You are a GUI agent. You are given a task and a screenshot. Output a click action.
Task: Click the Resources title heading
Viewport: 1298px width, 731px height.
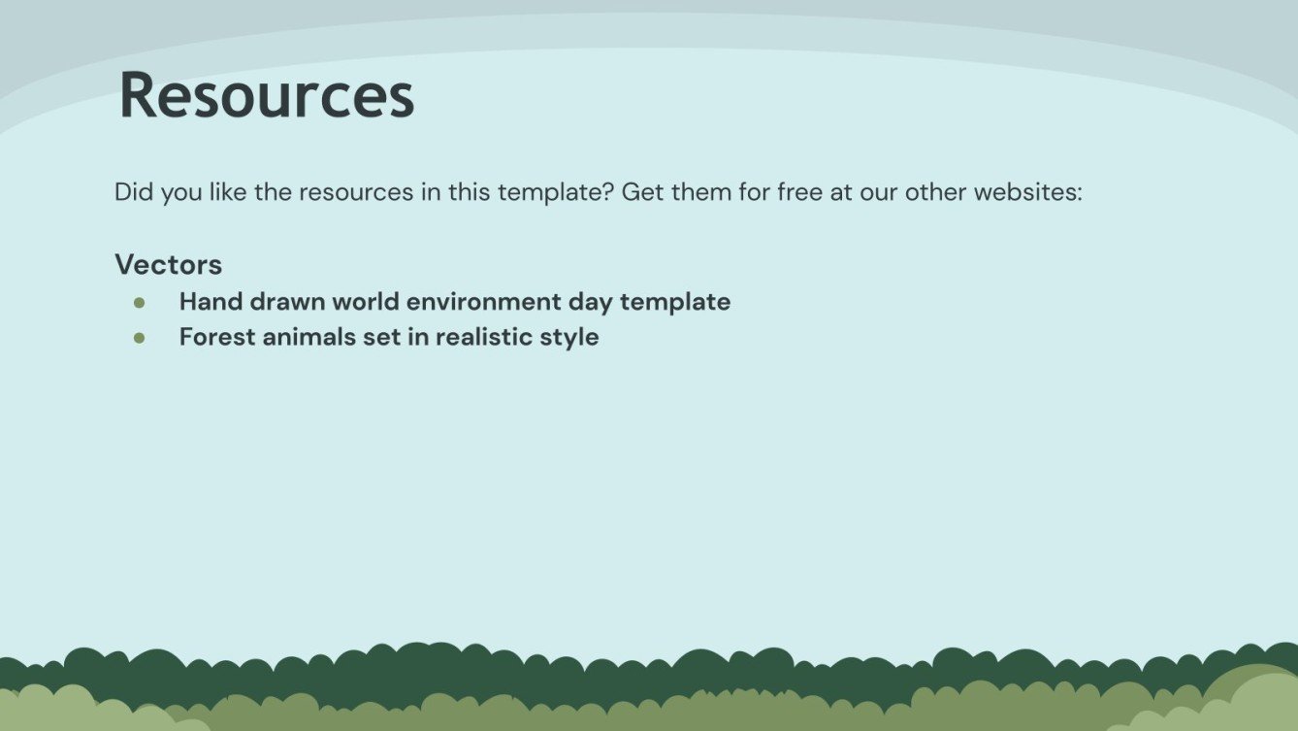click(267, 96)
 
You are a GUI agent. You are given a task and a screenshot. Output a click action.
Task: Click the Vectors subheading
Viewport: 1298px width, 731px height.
click(168, 264)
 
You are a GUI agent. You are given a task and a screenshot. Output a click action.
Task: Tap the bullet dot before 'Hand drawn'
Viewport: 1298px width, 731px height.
click(140, 303)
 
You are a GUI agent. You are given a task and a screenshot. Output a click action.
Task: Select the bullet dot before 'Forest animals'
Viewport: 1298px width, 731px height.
click(140, 338)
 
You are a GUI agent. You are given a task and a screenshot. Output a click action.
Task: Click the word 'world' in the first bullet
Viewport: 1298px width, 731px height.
click(365, 302)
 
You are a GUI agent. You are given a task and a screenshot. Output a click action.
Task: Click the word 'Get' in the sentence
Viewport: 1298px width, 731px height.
click(640, 192)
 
